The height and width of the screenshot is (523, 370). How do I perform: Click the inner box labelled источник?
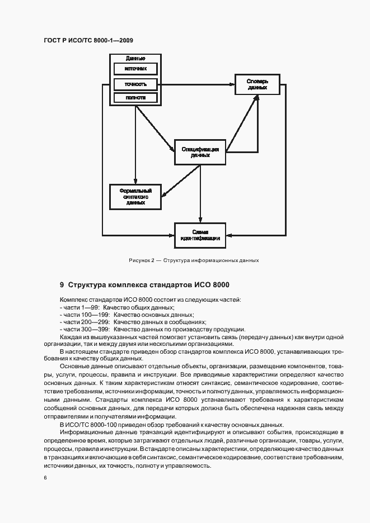click(135, 70)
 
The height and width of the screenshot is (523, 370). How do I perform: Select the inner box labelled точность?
click(135, 84)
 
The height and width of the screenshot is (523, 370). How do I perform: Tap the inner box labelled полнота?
click(135, 98)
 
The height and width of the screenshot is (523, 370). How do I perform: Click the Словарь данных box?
click(257, 84)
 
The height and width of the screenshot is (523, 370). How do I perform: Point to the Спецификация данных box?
click(200, 152)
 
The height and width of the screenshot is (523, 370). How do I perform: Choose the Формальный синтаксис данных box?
click(135, 196)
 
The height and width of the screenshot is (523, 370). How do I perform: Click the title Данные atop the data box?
click(135, 58)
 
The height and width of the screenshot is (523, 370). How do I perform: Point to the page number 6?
click(45, 477)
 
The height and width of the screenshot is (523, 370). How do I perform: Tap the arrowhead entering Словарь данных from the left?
click(232, 84)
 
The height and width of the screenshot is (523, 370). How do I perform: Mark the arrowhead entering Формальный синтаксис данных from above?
click(135, 181)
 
